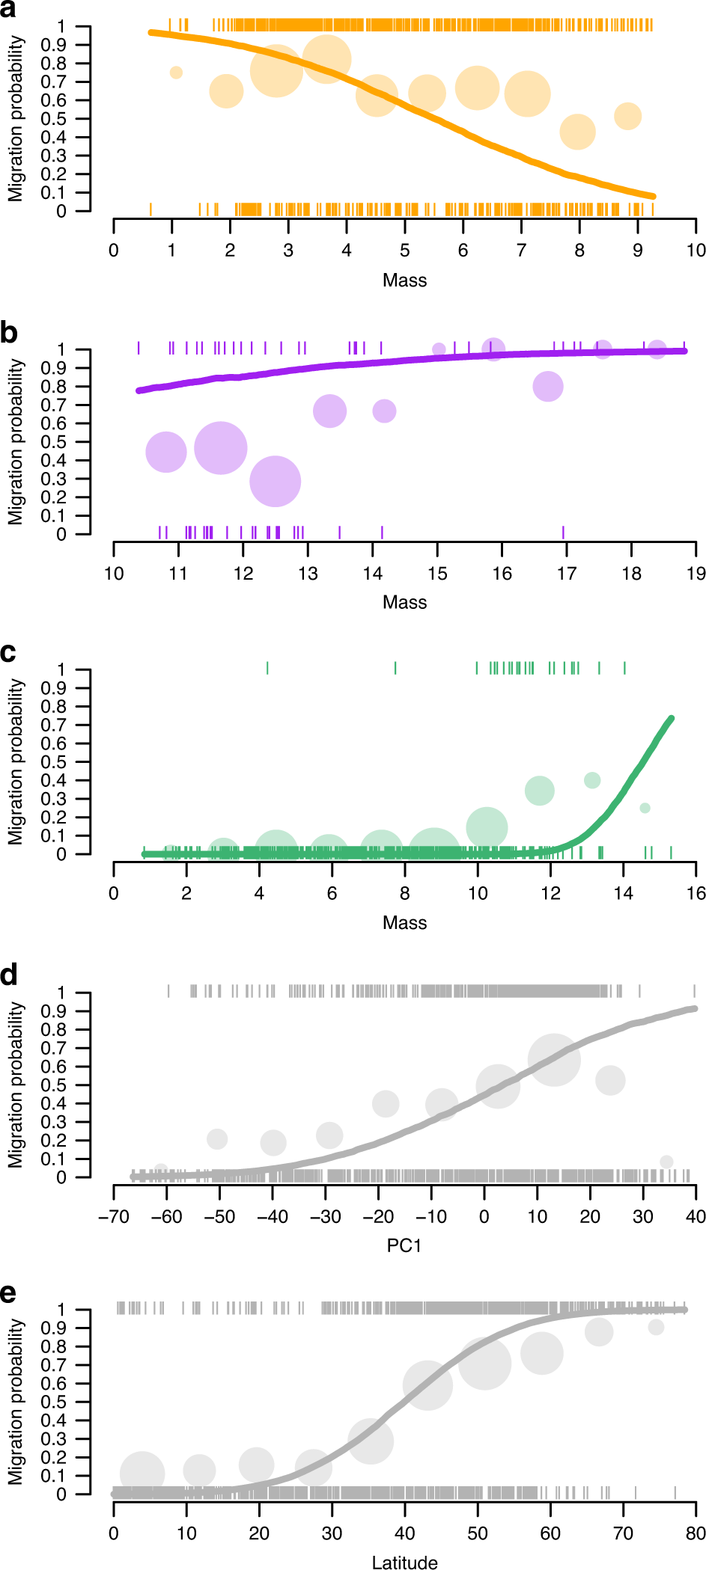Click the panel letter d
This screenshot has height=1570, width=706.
[x=8, y=975]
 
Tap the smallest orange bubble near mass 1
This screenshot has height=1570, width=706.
[x=176, y=73]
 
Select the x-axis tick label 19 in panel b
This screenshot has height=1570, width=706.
[x=696, y=574]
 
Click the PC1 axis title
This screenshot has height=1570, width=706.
[x=404, y=1245]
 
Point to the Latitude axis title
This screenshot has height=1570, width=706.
[x=404, y=1562]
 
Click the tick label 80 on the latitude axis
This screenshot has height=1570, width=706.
[x=696, y=1533]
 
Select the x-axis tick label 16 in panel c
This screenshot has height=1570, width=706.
[x=696, y=893]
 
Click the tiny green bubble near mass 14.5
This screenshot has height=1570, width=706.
[x=645, y=808]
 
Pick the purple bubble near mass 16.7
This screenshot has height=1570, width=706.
[x=548, y=387]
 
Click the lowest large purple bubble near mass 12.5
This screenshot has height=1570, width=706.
[x=276, y=482]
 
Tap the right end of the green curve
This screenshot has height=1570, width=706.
[x=671, y=719]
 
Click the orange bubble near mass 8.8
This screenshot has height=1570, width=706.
[x=628, y=116]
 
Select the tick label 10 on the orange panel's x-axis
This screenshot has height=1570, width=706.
[x=696, y=251]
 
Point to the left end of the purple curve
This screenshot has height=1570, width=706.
[x=139, y=390]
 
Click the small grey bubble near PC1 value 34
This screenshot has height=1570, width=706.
[x=666, y=1162]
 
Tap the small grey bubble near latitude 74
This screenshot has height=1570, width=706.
[x=657, y=1327]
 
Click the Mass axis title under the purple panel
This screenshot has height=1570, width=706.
[x=404, y=602]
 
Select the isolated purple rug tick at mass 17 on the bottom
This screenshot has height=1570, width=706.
[x=563, y=532]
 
